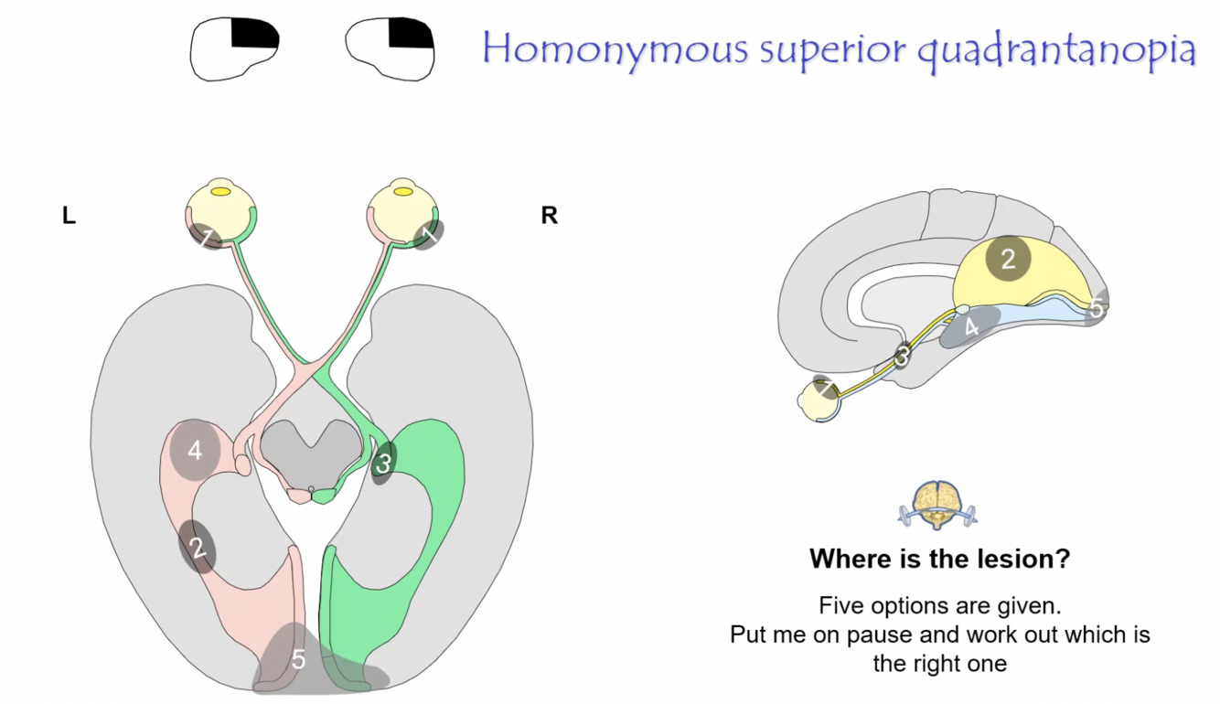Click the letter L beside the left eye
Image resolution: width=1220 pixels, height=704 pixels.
coord(69,217)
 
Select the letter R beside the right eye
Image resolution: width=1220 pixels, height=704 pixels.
coord(549,217)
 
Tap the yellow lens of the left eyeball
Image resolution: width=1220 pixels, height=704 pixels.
coord(221,192)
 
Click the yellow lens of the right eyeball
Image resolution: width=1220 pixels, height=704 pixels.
coord(401,192)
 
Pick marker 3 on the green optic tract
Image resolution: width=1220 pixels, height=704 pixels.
coord(383,464)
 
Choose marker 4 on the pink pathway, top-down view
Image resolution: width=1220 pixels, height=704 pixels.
coord(194,450)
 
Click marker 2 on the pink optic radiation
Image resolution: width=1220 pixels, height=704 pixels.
coord(197,547)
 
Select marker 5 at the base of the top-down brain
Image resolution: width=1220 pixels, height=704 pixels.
coord(299,659)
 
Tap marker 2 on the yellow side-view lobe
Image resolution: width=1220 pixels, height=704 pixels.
coord(1008,259)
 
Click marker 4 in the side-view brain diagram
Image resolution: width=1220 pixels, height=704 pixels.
coord(970,327)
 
